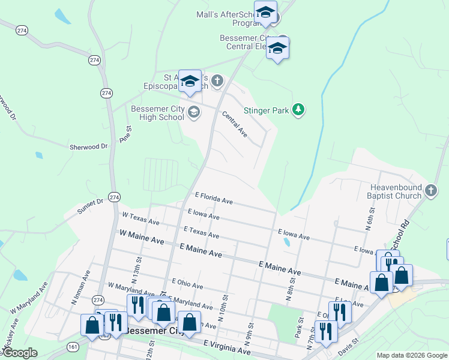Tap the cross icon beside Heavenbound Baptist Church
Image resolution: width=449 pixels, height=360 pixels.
(x=430, y=191)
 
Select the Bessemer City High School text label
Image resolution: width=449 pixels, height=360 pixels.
(x=157, y=113)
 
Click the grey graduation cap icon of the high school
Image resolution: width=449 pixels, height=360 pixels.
(x=194, y=112)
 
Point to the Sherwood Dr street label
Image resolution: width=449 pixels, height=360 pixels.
(x=88, y=146)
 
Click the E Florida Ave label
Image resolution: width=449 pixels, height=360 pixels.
(x=214, y=198)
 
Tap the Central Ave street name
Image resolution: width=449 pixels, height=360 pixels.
(x=235, y=123)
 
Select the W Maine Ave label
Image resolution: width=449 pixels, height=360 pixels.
(x=142, y=236)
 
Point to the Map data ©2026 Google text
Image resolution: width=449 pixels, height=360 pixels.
(x=411, y=355)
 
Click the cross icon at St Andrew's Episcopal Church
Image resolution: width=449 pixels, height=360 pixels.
(x=217, y=80)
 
